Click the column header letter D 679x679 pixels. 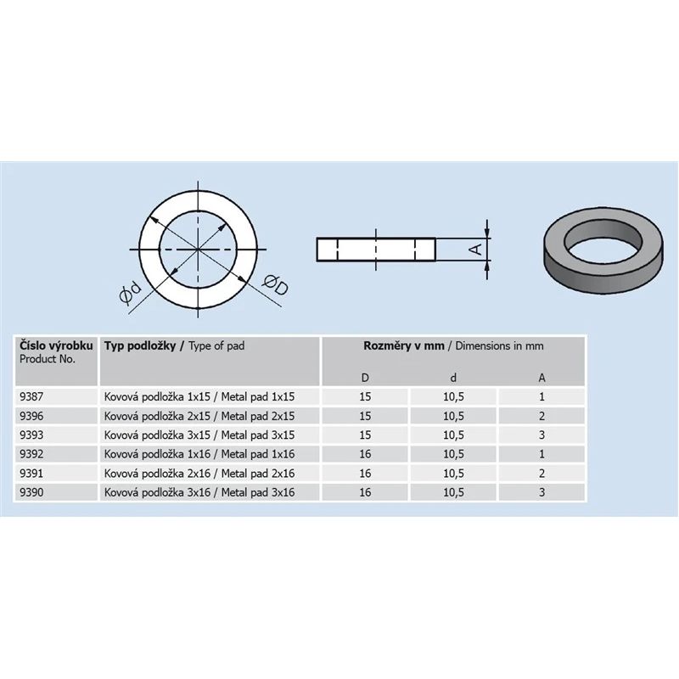tap(366, 377)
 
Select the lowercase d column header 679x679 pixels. tap(453, 377)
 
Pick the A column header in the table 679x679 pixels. tap(542, 377)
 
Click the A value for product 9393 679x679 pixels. tap(542, 435)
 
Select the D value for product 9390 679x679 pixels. tap(366, 492)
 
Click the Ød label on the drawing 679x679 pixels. tap(130, 295)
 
